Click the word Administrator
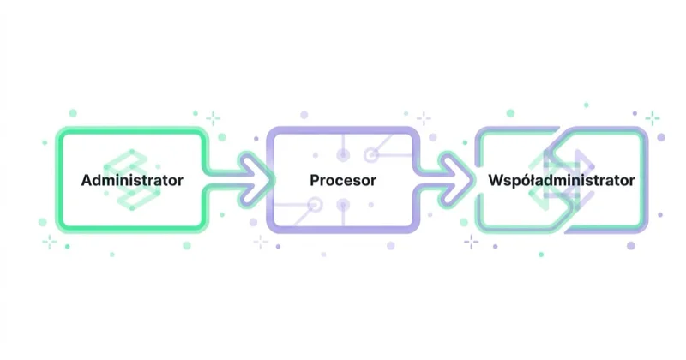132,180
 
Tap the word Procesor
343,180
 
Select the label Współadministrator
562,180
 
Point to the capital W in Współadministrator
496,180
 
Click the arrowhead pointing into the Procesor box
259,179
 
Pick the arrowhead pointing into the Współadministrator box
460,179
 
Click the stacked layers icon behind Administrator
133,179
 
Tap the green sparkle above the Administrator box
213,118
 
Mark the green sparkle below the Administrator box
50,242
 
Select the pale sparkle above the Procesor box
424,118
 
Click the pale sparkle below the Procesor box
261,242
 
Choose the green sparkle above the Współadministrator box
653,118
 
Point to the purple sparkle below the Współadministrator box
471,242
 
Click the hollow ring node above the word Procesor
371,155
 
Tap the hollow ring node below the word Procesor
315,205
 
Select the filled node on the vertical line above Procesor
343,155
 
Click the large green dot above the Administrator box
73,113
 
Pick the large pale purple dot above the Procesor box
304,115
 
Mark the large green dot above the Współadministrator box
510,113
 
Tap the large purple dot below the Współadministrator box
631,246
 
